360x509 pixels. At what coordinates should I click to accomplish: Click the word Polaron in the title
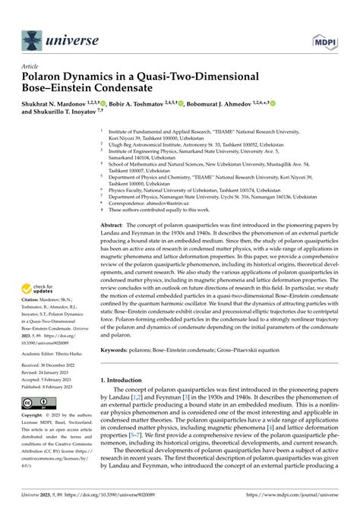(47, 77)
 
